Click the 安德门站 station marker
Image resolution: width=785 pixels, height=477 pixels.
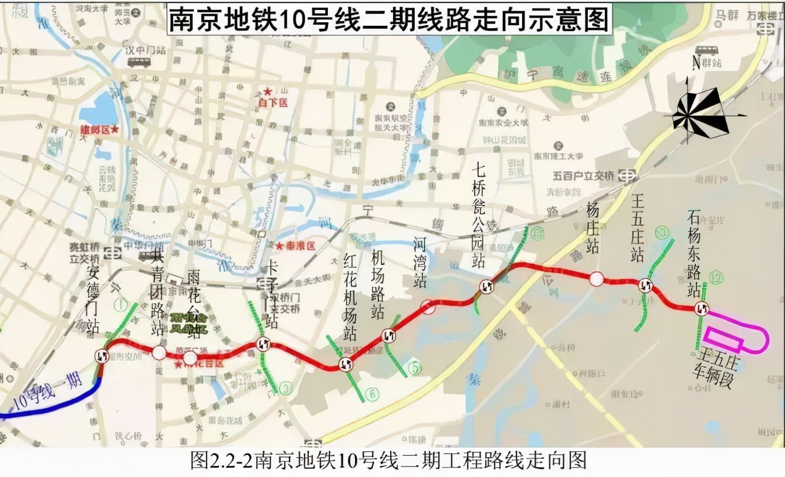click(x=102, y=356)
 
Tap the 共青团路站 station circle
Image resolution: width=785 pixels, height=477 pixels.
click(x=159, y=352)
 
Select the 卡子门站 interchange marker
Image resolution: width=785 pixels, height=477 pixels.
click(x=263, y=344)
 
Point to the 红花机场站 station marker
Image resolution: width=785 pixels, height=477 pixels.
click(x=346, y=364)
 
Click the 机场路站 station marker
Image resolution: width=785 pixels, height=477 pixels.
click(x=388, y=336)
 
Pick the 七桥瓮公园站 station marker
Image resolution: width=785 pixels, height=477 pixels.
click(x=487, y=286)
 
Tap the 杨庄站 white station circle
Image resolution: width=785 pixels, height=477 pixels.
click(x=596, y=279)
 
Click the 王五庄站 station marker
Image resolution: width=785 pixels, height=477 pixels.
click(x=646, y=285)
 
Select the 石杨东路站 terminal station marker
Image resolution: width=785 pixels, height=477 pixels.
click(x=701, y=308)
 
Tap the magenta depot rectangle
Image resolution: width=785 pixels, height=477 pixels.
click(x=723, y=339)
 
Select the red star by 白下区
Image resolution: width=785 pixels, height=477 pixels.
click(x=268, y=92)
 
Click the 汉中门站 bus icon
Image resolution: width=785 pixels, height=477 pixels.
click(x=139, y=62)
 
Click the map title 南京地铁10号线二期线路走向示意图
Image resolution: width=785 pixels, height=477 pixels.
click(x=389, y=19)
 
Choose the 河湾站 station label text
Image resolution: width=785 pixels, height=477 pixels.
click(x=419, y=262)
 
